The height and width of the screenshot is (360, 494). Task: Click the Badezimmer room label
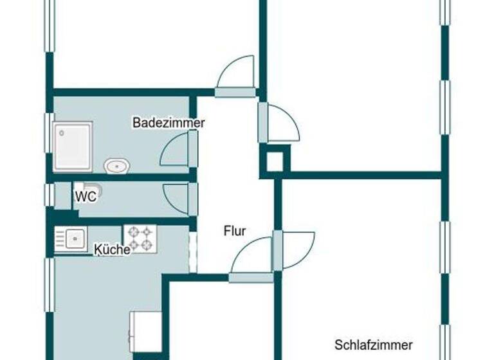click(169, 122)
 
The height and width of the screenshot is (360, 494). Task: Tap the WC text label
click(86, 197)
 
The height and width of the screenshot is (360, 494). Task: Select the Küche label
click(112, 249)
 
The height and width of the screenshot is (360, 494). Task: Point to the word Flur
click(235, 231)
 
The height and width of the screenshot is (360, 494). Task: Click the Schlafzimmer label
click(373, 345)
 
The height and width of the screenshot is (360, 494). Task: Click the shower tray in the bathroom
click(73, 146)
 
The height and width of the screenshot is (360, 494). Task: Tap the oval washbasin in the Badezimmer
click(117, 166)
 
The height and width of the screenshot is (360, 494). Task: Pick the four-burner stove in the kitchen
click(140, 238)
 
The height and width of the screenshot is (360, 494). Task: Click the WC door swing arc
click(176, 197)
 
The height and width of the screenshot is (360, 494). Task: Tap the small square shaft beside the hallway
click(275, 161)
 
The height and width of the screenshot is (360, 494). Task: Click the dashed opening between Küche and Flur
click(192, 253)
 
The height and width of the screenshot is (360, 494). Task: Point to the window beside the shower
click(49, 133)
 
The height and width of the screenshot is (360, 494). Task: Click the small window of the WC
click(48, 195)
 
